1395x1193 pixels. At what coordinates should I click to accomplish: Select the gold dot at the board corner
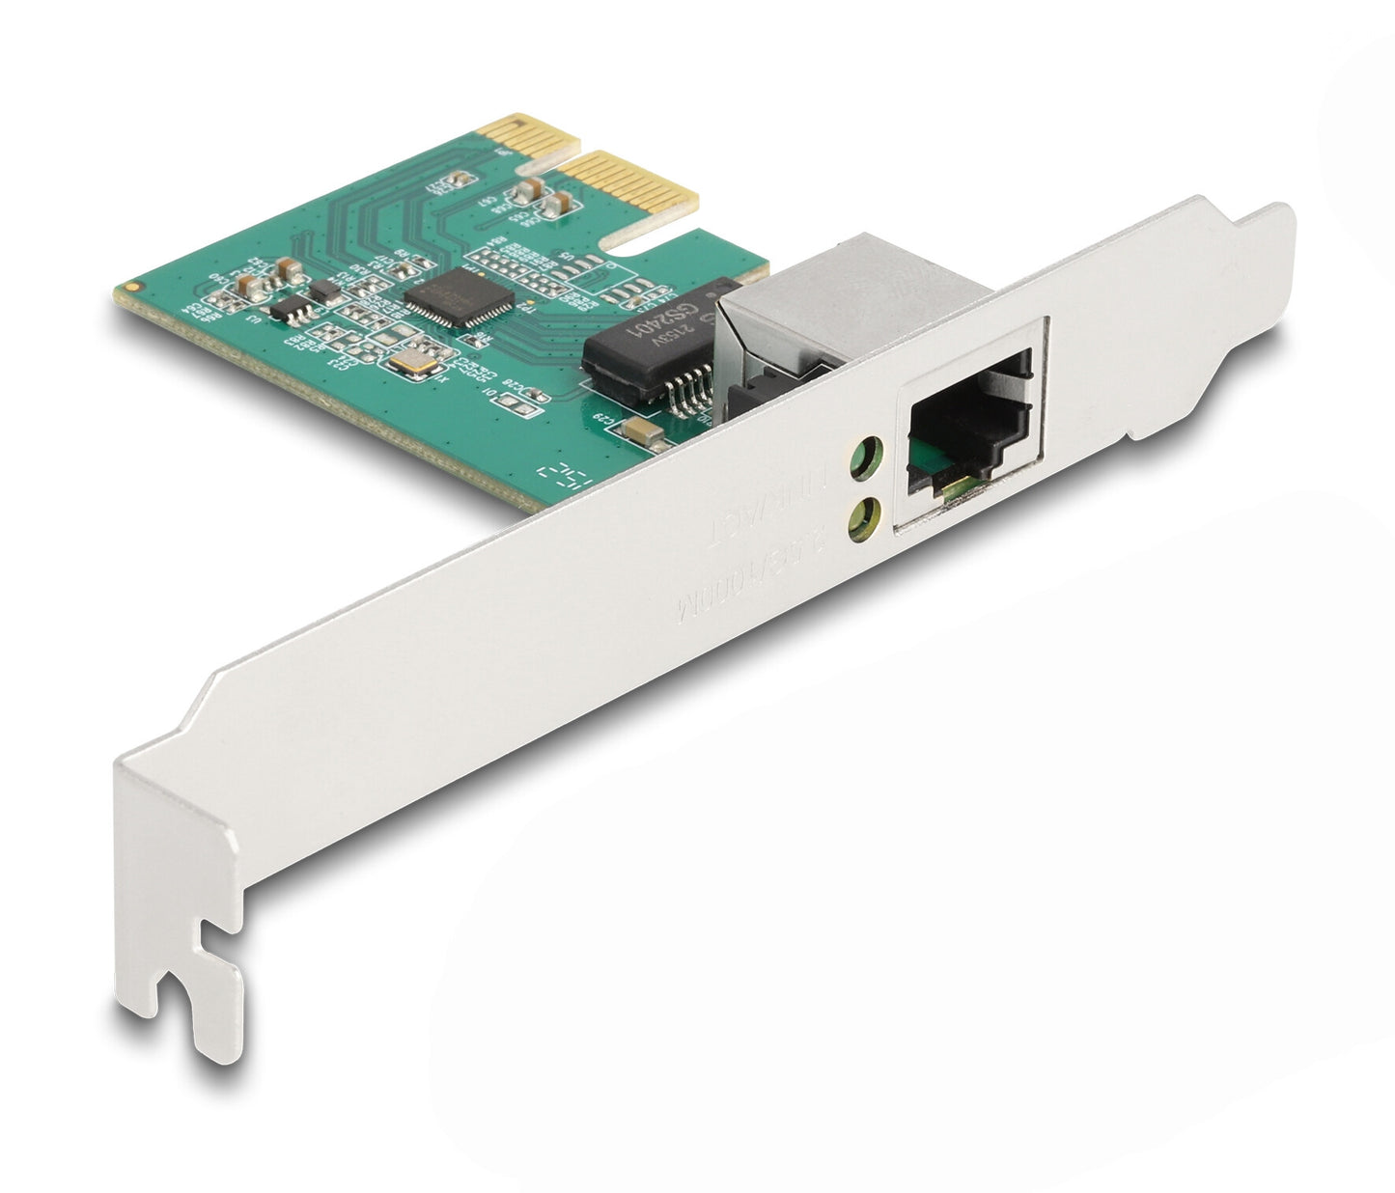tap(130, 287)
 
